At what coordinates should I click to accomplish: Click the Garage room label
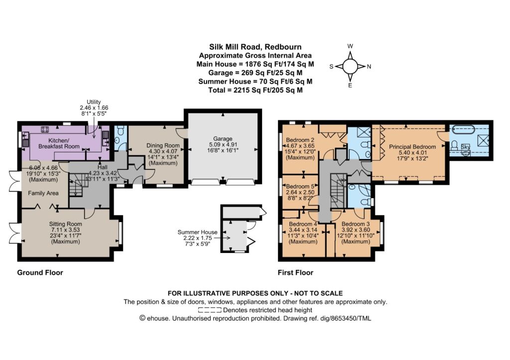pos(223,138)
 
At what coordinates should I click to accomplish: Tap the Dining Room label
pos(163,145)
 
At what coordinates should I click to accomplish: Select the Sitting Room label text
pos(65,224)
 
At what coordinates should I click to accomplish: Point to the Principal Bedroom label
pos(412,147)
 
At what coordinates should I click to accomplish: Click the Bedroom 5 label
pos(300,186)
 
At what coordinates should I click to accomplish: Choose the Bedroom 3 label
pos(356,224)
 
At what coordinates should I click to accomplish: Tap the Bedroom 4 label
pos(303,224)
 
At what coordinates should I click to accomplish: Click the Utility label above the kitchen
pos(94,102)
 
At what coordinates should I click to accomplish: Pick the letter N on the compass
pos(369,67)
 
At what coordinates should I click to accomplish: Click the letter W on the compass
pos(350,46)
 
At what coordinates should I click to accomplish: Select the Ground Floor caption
pos(40,272)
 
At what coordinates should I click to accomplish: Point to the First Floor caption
pos(295,272)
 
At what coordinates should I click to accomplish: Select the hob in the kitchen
pos(45,129)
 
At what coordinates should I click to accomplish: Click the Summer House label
pos(197,232)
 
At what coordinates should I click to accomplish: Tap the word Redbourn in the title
pos(285,47)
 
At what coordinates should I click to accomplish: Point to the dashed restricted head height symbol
pos(210,310)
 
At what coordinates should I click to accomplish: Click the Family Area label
pos(43,193)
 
